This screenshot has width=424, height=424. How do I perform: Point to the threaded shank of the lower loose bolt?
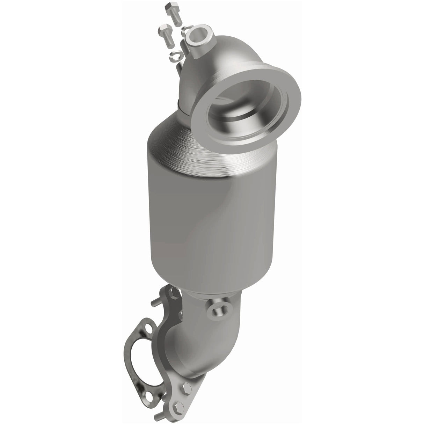click(169, 39)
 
